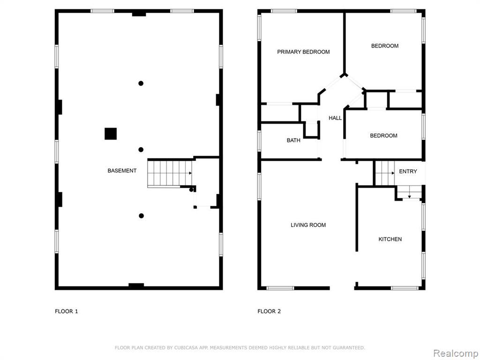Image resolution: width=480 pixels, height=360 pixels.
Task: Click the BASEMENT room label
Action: tap(122, 171)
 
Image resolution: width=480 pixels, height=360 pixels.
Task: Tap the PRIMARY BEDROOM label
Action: tap(303, 52)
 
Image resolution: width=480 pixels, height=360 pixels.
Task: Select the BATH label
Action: tap(293, 140)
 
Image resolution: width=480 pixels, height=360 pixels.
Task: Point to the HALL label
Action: tap(335, 118)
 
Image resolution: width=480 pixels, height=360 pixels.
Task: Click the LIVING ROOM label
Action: tap(308, 225)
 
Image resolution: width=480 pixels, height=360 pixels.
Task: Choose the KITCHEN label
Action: tap(390, 239)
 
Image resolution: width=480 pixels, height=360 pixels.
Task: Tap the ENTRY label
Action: tap(408, 172)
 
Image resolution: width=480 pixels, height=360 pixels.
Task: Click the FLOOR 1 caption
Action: tap(67, 311)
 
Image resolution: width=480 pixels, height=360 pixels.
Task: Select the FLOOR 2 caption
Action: tap(269, 311)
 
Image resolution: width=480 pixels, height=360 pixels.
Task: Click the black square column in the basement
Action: tap(111, 134)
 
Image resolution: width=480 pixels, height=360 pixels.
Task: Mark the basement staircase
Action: tap(170, 173)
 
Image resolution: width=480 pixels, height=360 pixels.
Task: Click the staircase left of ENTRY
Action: tap(385, 173)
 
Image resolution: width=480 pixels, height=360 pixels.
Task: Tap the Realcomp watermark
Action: tap(456, 353)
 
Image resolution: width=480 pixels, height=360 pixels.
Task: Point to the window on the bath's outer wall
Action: tap(259, 141)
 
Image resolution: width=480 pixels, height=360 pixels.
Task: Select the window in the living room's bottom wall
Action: tap(280, 288)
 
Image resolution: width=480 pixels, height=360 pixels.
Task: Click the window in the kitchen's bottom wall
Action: tap(405, 288)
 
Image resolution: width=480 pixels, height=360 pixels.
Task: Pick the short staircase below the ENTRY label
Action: tap(409, 192)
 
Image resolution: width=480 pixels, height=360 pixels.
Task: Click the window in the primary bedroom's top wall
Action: tap(284, 11)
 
